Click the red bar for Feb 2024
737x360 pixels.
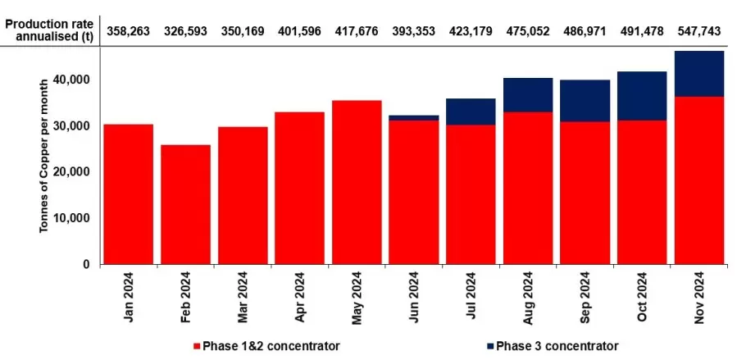[x=185, y=204]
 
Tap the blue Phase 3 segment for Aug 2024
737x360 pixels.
[x=527, y=94]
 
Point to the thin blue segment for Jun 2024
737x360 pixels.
[x=413, y=117]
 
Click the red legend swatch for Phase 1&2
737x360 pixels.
[x=195, y=346]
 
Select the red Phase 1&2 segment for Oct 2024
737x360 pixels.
[x=641, y=192]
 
